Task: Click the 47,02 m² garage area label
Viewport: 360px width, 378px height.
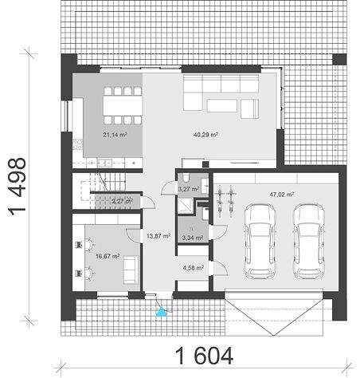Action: coord(282,195)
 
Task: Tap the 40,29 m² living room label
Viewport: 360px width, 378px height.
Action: coord(205,135)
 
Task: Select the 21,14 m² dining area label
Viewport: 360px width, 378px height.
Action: coord(115,135)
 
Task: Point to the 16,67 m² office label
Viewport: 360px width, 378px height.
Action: coord(108,256)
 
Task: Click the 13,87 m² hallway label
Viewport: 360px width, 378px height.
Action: coord(158,235)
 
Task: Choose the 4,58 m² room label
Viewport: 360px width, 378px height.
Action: coord(194,268)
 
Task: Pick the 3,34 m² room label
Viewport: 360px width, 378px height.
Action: coord(193,238)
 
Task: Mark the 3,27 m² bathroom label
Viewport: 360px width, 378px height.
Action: coord(189,189)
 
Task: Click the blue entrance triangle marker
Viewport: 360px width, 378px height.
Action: coord(161,312)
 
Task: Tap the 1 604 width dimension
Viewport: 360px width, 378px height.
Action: coord(205,356)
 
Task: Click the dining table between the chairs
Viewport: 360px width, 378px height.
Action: coord(123,105)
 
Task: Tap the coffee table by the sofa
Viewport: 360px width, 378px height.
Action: coord(222,105)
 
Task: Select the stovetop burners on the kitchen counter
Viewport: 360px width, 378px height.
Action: coord(77,145)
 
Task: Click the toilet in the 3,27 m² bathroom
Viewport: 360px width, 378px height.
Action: coord(186,178)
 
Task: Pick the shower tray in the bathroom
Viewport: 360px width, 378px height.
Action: coord(185,206)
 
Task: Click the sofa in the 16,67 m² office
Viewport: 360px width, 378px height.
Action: coord(131,270)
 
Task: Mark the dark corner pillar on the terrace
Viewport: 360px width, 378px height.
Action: coord(339,59)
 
